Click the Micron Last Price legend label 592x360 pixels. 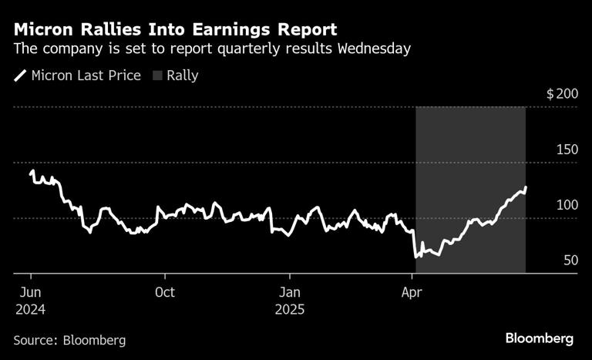pyautogui.click(x=86, y=76)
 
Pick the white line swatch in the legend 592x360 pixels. pyautogui.click(x=20, y=76)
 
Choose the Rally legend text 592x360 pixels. pyautogui.click(x=183, y=76)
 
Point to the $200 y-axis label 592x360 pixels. pyautogui.click(x=561, y=94)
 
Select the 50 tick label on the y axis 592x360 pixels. pyautogui.click(x=570, y=261)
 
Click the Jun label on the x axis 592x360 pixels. pyautogui.click(x=30, y=292)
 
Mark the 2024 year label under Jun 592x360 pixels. pyautogui.click(x=30, y=309)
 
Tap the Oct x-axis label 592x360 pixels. pyautogui.click(x=164, y=292)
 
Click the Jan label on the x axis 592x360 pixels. pyautogui.click(x=289, y=292)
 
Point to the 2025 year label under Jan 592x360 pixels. pyautogui.click(x=291, y=309)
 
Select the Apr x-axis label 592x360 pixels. pyautogui.click(x=414, y=292)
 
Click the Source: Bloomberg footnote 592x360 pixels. pyautogui.click(x=69, y=339)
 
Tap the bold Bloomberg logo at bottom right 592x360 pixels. pyautogui.click(x=540, y=338)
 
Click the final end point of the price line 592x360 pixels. pyautogui.click(x=526, y=187)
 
